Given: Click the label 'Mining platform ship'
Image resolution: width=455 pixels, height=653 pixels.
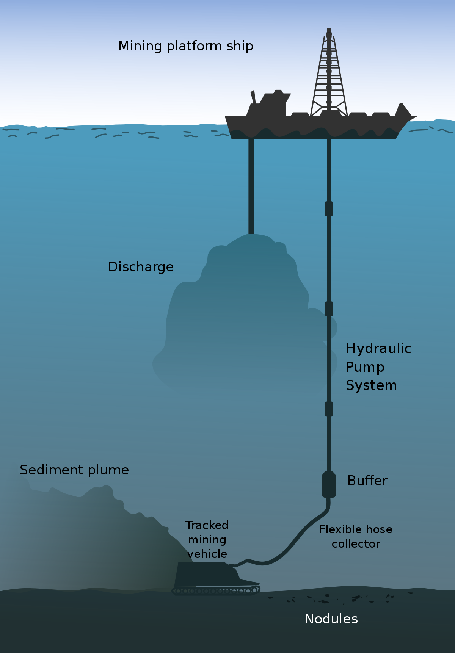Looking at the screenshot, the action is pos(186,46).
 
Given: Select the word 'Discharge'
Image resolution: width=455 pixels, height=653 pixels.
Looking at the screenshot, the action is pos(141,267).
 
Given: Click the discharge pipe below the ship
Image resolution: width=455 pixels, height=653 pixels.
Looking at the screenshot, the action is pos(251,186).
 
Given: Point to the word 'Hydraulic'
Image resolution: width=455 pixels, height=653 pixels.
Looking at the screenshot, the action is pos(379,349).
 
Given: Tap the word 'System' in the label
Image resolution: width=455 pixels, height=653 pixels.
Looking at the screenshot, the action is pos(371,385).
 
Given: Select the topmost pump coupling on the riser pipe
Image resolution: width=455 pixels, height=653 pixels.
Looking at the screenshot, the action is pos(329,209).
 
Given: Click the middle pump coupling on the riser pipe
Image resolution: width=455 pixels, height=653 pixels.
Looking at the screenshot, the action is pos(329,309).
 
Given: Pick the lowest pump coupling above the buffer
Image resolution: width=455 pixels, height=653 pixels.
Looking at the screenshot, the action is pos(329,409).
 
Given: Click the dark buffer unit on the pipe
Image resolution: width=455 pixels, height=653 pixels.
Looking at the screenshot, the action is pos(329,484).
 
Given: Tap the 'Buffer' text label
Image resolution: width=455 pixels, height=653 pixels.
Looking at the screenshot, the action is pos(367,481).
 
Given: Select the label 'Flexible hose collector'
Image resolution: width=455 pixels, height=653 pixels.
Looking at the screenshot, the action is pos(356,537).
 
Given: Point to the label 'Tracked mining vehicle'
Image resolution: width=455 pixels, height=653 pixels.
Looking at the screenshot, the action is pos(207,540).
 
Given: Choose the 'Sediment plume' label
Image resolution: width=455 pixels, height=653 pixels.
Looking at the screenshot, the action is pos(74,470).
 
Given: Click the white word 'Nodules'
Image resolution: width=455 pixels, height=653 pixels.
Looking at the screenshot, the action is pos(331,619).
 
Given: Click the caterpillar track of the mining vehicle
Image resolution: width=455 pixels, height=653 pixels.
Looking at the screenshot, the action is pos(216,590).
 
